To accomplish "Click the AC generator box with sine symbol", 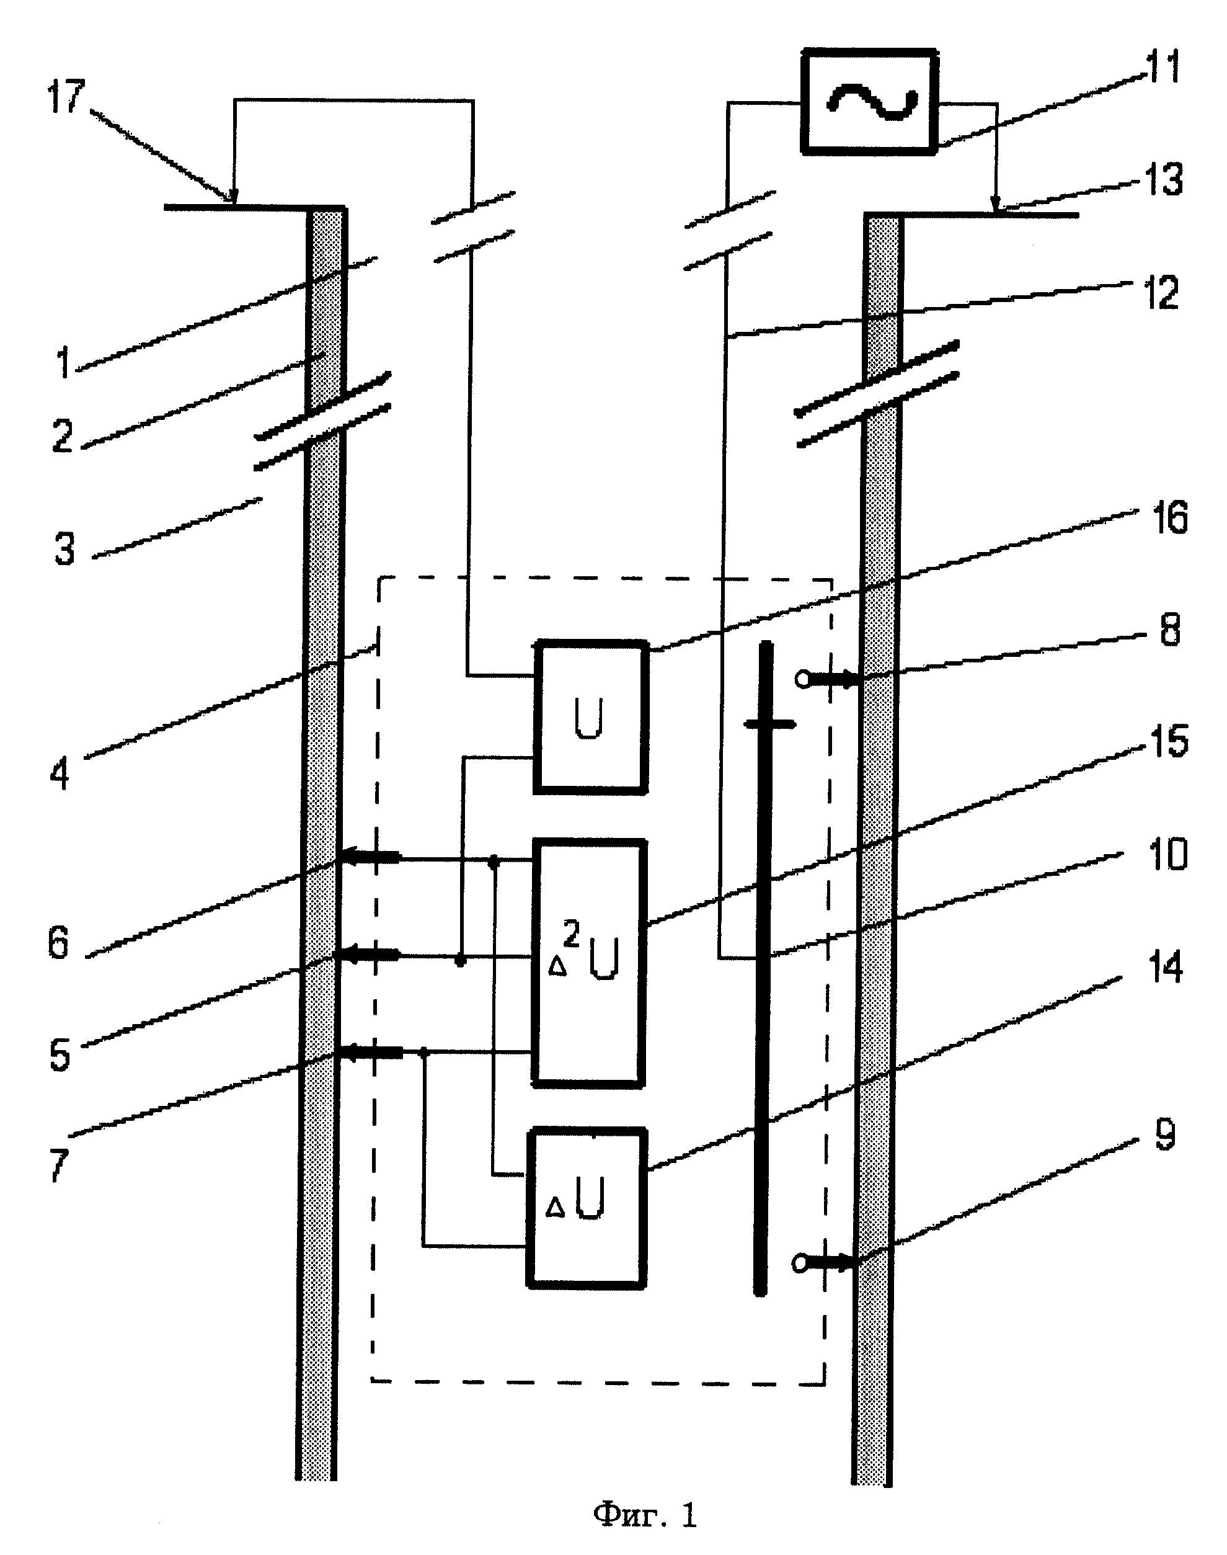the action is point(870,101).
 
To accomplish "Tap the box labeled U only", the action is point(590,717).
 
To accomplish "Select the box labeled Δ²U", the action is point(588,962).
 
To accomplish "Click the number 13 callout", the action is point(1163,180).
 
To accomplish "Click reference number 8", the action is point(1170,630).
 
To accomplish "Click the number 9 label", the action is point(1164,1134).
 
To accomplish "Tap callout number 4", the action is point(60,774).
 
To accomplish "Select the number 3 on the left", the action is point(64,549).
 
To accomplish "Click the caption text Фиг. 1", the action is point(644,1515).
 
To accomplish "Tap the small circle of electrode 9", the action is point(800,1262).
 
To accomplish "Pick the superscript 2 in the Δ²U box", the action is point(571,934).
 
